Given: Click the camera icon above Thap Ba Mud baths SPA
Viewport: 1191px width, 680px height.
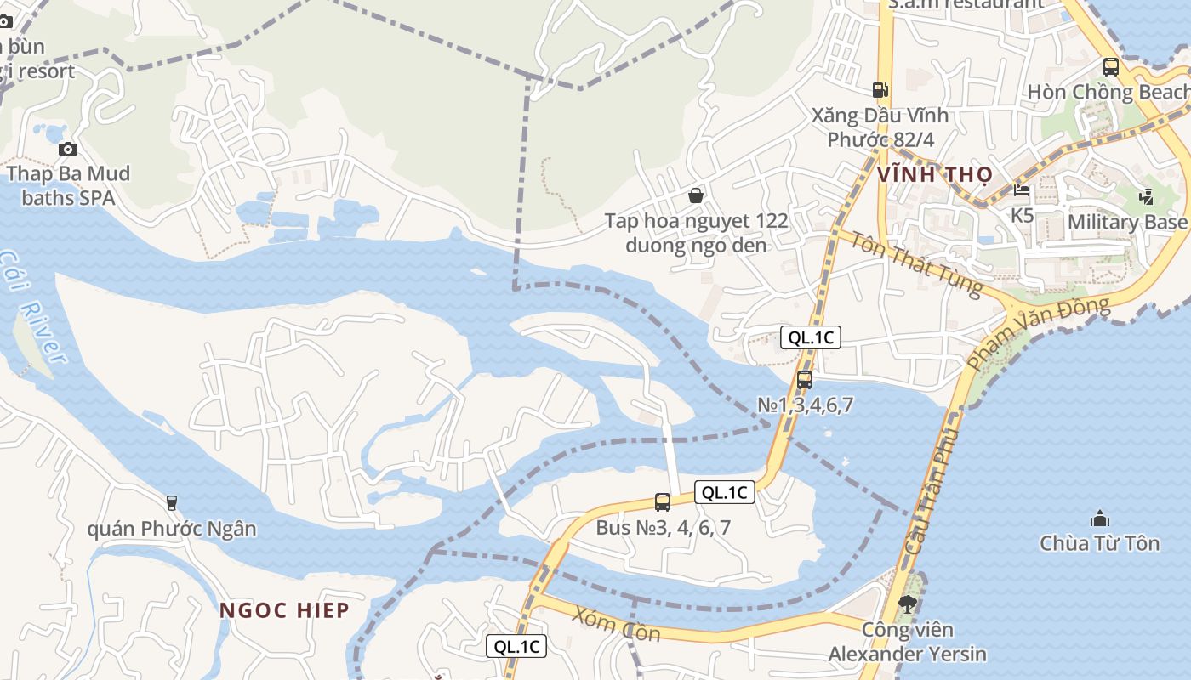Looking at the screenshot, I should click(67, 149).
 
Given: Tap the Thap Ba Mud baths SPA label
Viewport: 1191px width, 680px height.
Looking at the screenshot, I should click(69, 186).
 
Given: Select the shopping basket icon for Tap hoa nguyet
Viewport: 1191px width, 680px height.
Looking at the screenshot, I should click(696, 195).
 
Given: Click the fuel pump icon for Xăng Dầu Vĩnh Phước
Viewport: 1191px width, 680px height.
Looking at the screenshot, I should click(880, 89).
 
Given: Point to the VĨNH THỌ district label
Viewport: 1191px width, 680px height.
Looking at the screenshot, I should click(933, 175).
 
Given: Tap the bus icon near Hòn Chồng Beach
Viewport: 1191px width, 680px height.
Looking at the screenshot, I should click(1110, 66).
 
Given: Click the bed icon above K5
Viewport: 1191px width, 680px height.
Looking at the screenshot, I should click(1022, 190).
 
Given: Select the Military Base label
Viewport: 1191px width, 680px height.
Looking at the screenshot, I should click(1127, 222).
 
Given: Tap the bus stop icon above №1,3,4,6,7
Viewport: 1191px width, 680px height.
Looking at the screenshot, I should click(804, 379).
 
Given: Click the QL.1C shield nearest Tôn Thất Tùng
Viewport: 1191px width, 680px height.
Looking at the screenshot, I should click(811, 337).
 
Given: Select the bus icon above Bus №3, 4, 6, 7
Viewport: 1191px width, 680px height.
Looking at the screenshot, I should click(663, 501).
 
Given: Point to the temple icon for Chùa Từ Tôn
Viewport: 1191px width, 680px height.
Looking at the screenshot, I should click(1099, 518).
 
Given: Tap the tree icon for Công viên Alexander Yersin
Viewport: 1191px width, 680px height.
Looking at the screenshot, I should click(907, 604).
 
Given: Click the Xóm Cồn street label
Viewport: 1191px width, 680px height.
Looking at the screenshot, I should click(615, 623).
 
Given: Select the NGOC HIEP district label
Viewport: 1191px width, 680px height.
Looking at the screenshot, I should click(284, 609).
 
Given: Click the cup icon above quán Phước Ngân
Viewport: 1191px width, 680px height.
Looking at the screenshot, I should click(172, 502).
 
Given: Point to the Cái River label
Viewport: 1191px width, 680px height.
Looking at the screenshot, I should click(34, 306).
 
